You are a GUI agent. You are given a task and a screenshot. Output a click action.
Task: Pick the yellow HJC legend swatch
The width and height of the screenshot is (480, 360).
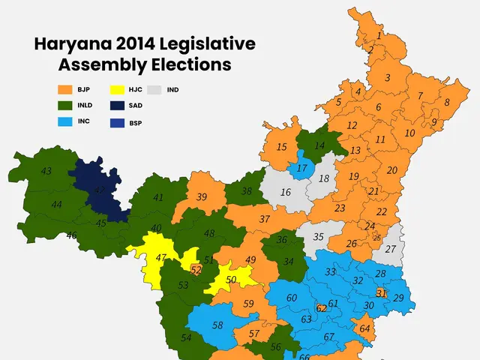click(x=116, y=90)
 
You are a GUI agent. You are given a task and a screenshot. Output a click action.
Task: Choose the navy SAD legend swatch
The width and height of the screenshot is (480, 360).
click(x=116, y=106)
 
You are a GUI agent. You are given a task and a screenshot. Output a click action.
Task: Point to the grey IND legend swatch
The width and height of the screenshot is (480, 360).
click(x=155, y=90)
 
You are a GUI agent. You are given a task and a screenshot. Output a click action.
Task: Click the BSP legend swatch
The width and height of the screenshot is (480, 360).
click(x=116, y=121)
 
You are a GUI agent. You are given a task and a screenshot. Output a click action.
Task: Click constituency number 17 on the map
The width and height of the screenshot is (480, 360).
click(x=302, y=168)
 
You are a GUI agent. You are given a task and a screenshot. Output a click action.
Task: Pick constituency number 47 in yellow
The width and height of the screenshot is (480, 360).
click(x=160, y=257)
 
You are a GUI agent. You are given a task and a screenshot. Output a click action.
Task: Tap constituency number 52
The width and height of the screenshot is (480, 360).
click(x=196, y=269)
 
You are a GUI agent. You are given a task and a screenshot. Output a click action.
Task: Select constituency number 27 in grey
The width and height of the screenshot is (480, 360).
click(x=390, y=249)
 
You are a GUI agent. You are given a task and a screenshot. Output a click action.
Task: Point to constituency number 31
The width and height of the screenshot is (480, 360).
click(x=381, y=292)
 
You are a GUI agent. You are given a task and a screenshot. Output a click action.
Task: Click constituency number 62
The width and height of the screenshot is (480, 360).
click(x=321, y=307)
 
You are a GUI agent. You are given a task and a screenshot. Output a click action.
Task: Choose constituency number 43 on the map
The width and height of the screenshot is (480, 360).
click(x=46, y=172)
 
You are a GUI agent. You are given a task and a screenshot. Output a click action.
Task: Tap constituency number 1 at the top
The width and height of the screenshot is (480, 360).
click(x=379, y=34)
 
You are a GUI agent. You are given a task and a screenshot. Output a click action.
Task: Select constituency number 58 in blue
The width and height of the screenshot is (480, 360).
click(x=217, y=325)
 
